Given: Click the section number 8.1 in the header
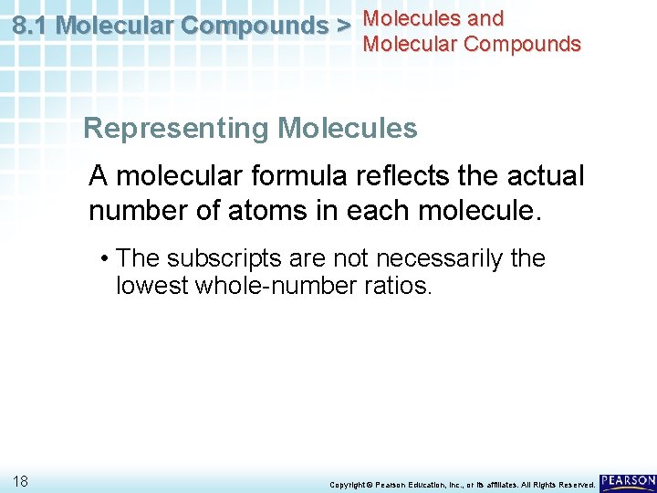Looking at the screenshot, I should point(32,26).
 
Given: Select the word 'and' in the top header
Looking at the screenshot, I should point(484,18).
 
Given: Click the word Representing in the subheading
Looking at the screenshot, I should point(177,129).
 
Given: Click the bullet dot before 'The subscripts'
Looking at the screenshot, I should point(106,258).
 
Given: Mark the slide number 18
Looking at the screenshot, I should point(21,480).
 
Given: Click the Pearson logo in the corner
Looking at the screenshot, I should point(628,480).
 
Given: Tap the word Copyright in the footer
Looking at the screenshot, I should point(348,484).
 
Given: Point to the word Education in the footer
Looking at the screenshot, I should point(423,484).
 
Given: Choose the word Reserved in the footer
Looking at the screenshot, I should point(576,484).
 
